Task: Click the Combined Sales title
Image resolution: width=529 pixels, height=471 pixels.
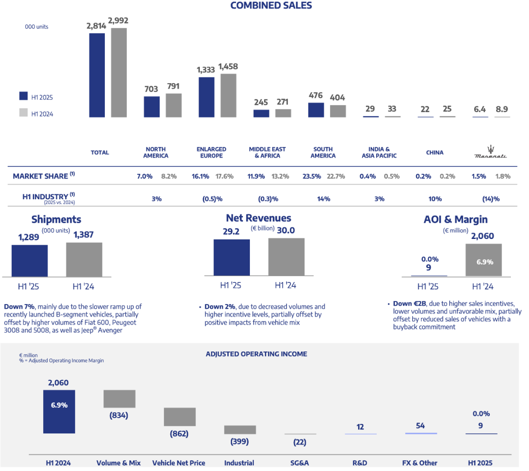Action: [271, 6]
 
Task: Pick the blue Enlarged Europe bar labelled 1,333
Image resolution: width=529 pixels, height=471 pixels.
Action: [207, 96]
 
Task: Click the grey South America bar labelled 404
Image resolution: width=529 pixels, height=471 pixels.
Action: [337, 111]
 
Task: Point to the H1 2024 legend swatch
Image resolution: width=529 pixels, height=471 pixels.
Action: [23, 113]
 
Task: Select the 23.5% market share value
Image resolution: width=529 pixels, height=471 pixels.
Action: [311, 176]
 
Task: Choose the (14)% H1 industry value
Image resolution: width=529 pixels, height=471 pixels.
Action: [491, 199]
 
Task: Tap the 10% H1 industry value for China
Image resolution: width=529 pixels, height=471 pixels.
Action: [434, 199]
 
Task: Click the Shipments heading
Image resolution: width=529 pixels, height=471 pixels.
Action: [56, 220]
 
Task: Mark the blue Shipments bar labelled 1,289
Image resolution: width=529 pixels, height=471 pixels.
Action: [29, 260]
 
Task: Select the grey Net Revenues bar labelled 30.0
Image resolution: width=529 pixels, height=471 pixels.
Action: [286, 257]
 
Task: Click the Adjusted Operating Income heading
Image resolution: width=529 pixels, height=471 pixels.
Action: [256, 354]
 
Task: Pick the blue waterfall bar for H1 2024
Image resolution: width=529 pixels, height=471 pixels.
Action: [59, 411]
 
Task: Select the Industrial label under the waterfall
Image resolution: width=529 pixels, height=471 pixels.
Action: [239, 463]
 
